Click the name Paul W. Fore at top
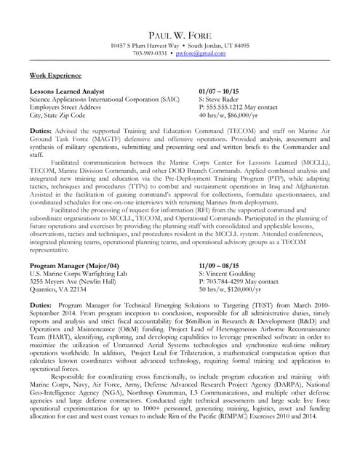pos(180,35)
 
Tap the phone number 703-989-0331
pos(151,53)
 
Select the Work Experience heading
pos(55,75)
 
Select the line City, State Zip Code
pos(57,115)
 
